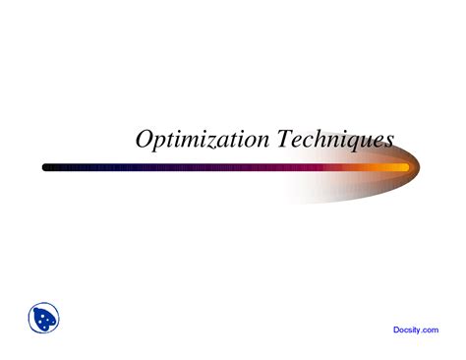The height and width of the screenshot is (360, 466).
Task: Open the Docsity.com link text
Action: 416,331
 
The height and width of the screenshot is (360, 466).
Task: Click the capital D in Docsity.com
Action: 396,331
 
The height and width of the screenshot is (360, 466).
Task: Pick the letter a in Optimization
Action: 220,142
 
